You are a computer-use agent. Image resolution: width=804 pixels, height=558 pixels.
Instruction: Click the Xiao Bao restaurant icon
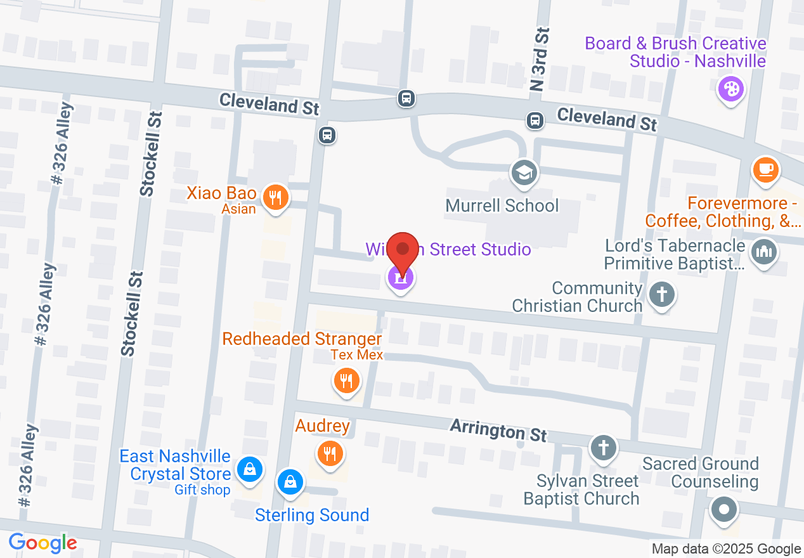(x=275, y=198)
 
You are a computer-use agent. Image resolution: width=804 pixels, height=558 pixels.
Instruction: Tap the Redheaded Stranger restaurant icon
(x=346, y=380)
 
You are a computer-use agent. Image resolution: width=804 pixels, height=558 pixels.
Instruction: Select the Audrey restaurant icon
(x=329, y=453)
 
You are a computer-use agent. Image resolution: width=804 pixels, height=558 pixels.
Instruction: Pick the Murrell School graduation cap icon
(x=525, y=172)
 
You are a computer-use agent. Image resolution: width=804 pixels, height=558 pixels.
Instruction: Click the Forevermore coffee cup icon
(x=765, y=169)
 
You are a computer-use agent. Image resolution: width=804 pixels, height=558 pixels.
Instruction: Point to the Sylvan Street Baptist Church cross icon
(x=603, y=448)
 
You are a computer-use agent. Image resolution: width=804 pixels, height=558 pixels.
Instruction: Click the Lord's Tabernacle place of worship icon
(x=763, y=252)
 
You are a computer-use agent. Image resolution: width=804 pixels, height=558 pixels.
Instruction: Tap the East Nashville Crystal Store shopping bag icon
(x=250, y=469)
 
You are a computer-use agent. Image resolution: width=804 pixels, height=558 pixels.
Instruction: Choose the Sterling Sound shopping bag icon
(x=290, y=482)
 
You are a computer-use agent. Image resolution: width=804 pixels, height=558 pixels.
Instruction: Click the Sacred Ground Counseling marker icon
(x=724, y=509)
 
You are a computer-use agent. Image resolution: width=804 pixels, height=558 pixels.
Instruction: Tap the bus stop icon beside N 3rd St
(x=536, y=119)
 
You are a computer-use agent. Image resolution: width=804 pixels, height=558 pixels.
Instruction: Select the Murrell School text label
(x=502, y=205)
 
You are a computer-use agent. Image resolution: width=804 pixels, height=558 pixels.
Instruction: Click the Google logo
(x=42, y=543)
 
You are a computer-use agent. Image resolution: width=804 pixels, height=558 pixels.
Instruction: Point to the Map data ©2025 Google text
(x=726, y=548)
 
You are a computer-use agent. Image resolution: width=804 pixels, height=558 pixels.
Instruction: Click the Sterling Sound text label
(x=312, y=515)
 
